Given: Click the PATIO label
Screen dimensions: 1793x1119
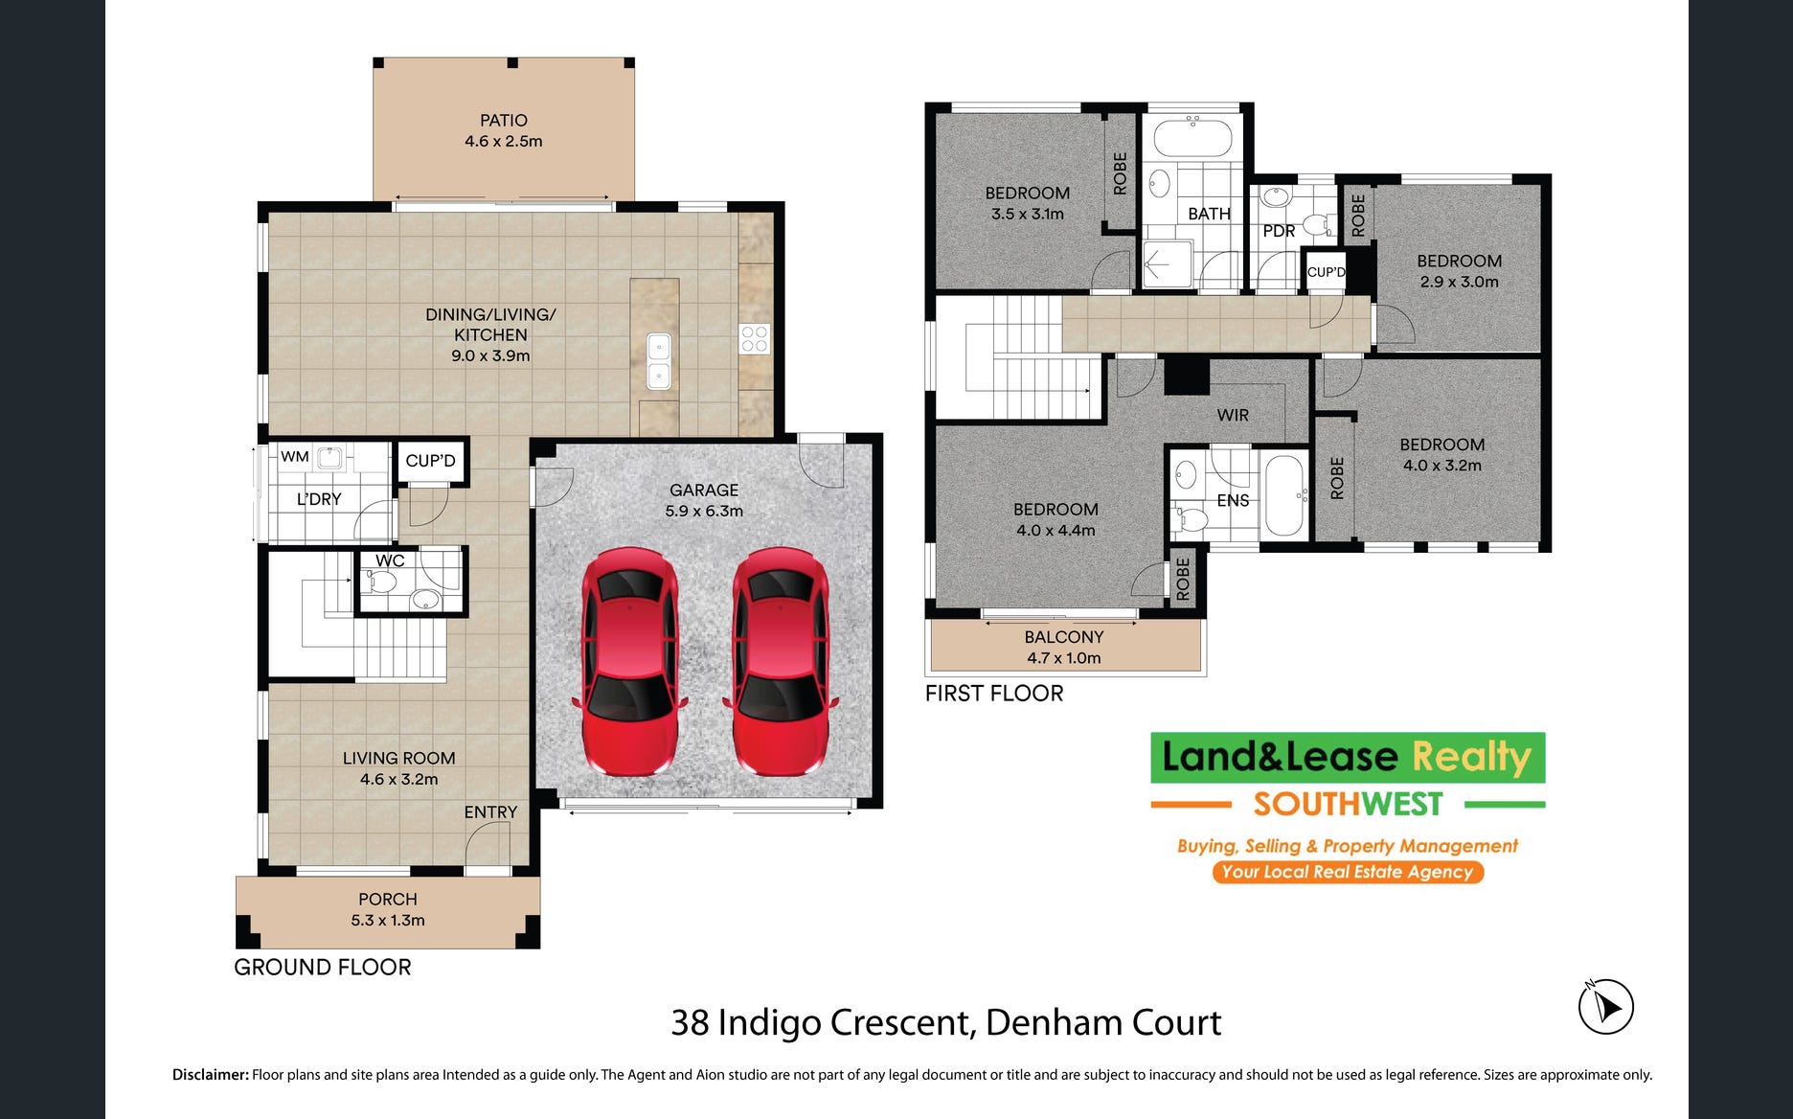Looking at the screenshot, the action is (504, 121).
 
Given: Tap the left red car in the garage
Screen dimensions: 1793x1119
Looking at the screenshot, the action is (628, 661).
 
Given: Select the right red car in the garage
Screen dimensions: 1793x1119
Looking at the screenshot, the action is (781, 661).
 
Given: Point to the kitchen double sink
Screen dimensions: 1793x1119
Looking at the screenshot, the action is (659, 361).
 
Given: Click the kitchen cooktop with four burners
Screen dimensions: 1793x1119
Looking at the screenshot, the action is (754, 339).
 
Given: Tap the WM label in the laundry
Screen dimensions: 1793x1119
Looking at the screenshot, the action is (295, 457).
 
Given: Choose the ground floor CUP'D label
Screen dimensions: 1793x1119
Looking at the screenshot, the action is (431, 461).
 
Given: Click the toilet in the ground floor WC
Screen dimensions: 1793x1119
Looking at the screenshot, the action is (381, 581).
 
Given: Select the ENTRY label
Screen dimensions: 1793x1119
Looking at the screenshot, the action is (490, 812).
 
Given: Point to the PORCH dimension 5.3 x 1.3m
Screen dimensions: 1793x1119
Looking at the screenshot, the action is (388, 921).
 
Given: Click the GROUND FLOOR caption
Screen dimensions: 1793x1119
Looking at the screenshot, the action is (323, 968).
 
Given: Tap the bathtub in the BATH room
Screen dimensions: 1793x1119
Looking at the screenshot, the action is (1192, 137).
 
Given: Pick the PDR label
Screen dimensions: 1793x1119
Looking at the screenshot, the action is (1279, 231).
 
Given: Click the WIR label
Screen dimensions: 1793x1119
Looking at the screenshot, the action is (1233, 415).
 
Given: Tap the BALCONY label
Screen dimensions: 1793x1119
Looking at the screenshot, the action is (1064, 637).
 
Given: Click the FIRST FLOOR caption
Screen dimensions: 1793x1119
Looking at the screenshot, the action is (994, 694).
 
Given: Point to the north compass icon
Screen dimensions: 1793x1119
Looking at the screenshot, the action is (1605, 1007).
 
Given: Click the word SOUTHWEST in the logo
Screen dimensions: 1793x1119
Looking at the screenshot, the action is (1348, 805).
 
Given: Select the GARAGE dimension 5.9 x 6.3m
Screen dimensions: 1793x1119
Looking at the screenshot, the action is (704, 512).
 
